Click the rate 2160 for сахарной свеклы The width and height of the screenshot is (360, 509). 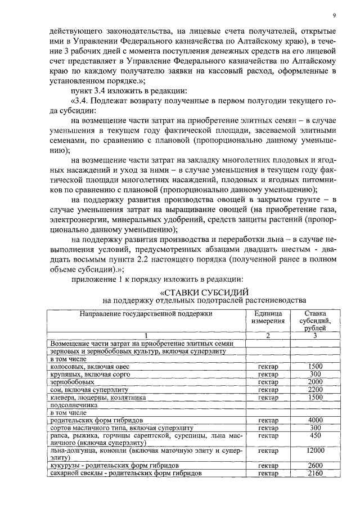coord(315,474)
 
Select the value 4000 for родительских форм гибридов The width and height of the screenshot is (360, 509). coord(315,420)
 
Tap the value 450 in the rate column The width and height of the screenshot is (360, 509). coord(315,435)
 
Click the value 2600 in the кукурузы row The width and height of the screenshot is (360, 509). coord(315,466)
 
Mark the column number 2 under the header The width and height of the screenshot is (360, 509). coord(268,336)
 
